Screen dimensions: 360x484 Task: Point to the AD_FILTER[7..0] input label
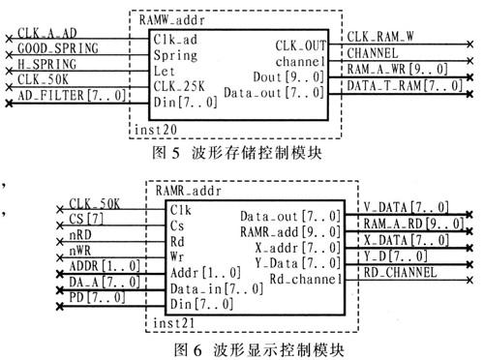point(62,94)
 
